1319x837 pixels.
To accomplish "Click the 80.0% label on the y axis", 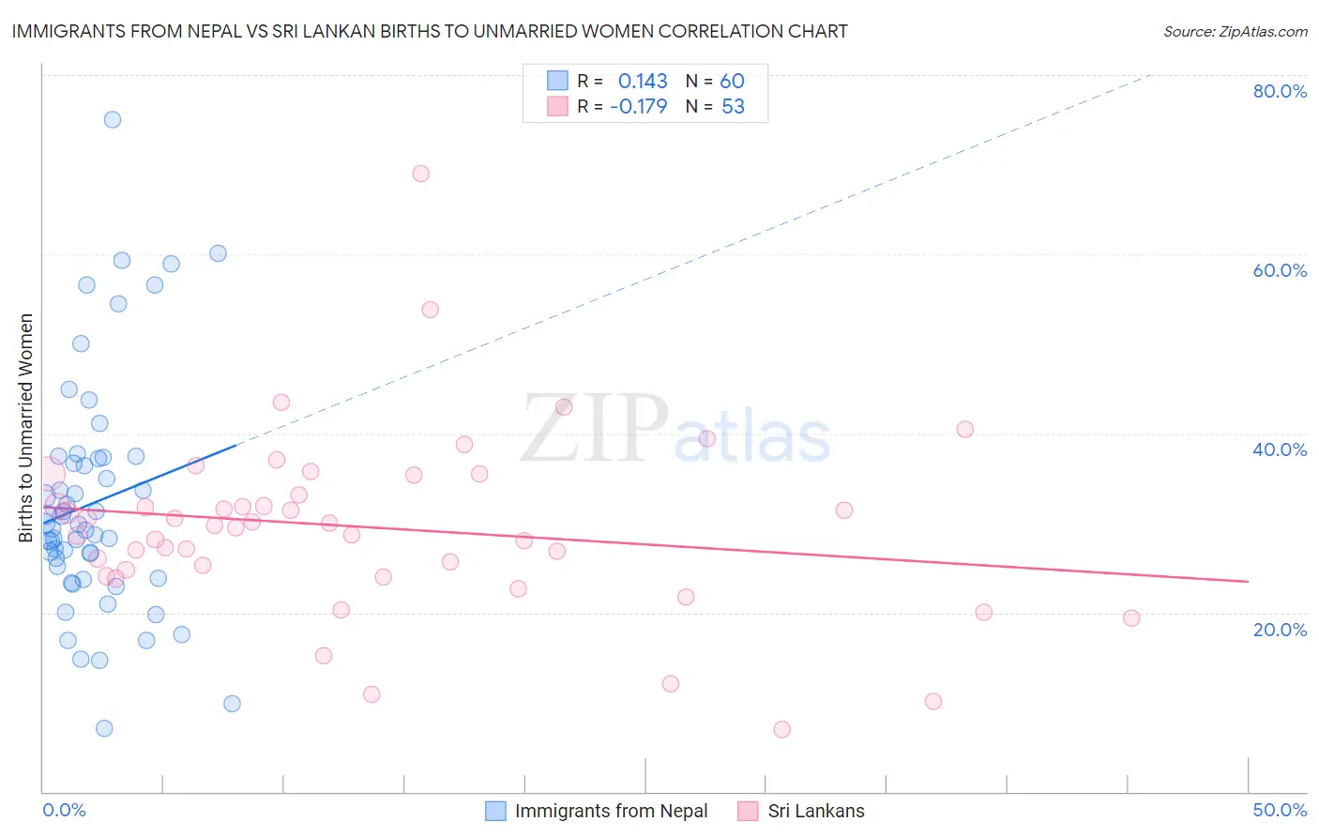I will click(1280, 91).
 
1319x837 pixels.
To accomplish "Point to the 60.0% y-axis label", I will click(1280, 270).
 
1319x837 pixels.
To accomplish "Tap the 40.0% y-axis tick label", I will click(1280, 449).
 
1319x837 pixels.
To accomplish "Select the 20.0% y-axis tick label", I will click(1280, 630).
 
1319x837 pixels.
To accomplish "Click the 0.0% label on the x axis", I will click(64, 810).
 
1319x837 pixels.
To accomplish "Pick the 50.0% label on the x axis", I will click(1280, 810).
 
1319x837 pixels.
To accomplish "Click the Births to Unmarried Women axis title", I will click(26, 428).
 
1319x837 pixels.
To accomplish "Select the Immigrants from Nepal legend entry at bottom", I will click(611, 811).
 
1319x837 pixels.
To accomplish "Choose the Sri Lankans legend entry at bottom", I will click(815, 811).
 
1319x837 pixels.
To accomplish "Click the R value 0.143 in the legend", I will click(643, 82).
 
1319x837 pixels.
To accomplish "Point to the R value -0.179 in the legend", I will click(638, 107).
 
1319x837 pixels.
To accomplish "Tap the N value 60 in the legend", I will click(732, 82).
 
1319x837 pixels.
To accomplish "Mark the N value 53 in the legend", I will click(733, 107).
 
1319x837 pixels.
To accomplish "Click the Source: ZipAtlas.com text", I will click(1235, 32).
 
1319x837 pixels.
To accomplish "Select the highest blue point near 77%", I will click(113, 119).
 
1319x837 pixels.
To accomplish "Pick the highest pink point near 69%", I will click(421, 174).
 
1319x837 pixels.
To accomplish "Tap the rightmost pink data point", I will click(1131, 618).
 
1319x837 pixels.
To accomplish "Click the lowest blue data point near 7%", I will click(104, 729).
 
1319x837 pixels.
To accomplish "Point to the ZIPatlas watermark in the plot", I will click(675, 430).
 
